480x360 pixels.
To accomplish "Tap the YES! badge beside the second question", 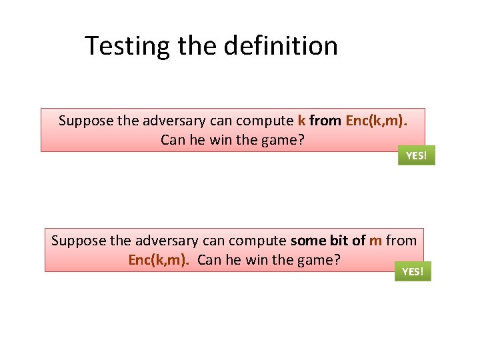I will click(413, 271).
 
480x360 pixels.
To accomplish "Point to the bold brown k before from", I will click(301, 121).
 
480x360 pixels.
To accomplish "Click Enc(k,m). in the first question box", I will click(376, 121).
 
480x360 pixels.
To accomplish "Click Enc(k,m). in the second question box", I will click(159, 260).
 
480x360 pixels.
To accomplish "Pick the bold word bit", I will click(340, 240).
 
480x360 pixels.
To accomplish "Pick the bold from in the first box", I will click(325, 121).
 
